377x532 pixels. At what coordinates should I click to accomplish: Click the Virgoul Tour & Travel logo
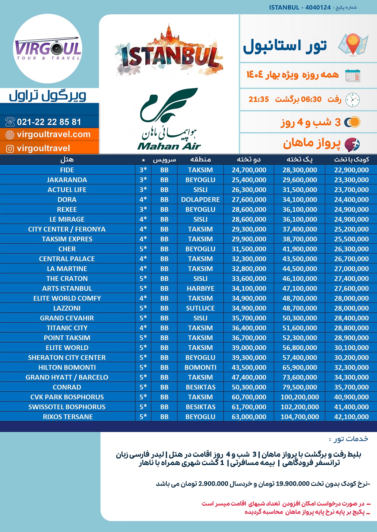(48, 49)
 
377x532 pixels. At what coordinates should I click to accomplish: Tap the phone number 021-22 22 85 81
(49, 122)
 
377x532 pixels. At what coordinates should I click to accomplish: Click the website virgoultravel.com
(53, 134)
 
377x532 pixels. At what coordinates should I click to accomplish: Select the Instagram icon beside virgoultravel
(10, 149)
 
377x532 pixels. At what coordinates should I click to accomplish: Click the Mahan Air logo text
(169, 146)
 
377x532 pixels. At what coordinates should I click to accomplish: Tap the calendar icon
(352, 76)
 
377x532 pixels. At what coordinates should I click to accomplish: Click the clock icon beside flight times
(352, 99)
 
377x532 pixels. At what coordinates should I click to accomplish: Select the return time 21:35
(259, 99)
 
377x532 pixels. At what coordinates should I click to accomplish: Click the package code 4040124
(318, 8)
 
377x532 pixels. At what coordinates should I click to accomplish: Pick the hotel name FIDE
(67, 170)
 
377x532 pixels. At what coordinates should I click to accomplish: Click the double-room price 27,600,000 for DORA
(249, 200)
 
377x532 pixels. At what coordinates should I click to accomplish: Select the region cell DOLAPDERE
(200, 200)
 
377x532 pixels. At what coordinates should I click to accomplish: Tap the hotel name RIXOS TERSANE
(68, 417)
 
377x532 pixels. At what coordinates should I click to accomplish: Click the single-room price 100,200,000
(300, 397)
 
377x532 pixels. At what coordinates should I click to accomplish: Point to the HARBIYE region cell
(200, 288)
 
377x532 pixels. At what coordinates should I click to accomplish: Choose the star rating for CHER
(143, 249)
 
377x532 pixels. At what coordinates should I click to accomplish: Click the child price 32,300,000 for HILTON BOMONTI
(351, 367)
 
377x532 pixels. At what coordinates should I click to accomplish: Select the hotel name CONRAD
(67, 387)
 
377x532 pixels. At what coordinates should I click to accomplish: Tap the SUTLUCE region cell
(200, 308)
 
